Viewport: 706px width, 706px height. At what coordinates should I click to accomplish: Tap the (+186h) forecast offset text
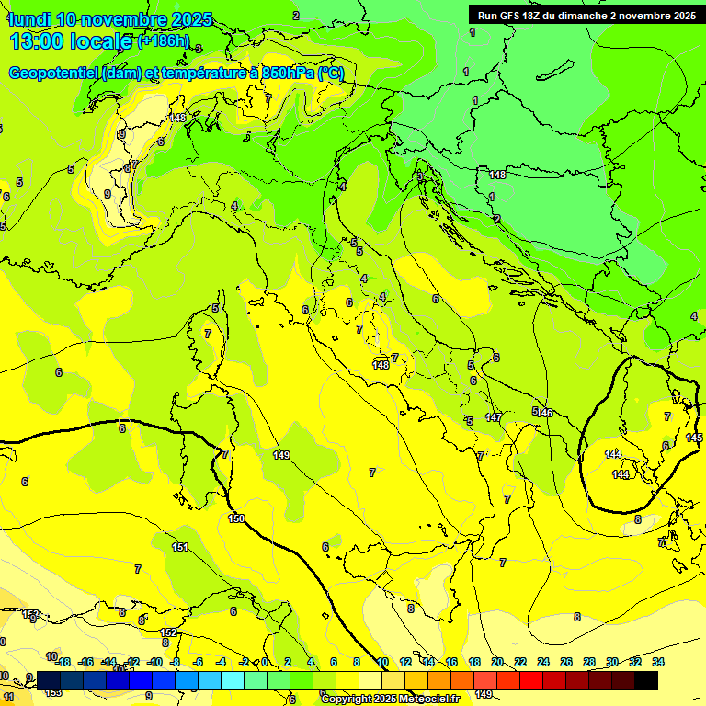[163, 41]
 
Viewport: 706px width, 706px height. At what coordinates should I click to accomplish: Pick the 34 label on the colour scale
[658, 662]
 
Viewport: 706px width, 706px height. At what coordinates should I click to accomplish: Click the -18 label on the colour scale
[63, 662]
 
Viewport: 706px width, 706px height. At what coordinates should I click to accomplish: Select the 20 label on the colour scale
[497, 662]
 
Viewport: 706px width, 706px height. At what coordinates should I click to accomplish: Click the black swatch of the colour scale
[646, 680]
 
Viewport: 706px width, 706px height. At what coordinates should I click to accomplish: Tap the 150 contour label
[236, 519]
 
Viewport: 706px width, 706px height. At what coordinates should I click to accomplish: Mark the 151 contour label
[180, 547]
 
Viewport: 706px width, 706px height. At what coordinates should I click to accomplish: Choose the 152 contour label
[168, 632]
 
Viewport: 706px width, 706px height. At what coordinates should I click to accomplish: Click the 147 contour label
[494, 417]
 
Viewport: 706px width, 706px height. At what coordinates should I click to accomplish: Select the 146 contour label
[545, 413]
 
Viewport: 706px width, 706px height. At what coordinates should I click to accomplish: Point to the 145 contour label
[694, 438]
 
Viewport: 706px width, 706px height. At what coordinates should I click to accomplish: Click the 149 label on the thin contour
[281, 455]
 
